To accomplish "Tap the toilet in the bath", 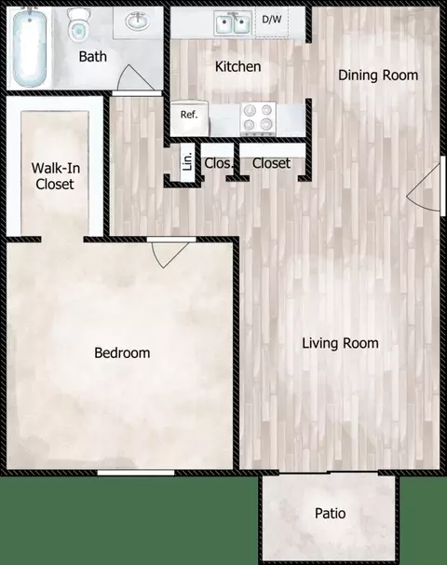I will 77,27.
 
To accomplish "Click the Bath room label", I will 92,57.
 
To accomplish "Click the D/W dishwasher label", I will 271,19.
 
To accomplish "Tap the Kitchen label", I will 237,67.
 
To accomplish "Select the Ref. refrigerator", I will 189,116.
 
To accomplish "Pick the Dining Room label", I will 377,76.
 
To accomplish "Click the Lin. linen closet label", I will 188,162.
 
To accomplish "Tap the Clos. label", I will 218,163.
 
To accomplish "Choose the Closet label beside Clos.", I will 271,163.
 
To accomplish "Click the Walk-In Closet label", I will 54,176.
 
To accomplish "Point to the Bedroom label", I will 122,353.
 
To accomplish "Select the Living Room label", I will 340,343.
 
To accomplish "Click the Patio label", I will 330,514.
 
